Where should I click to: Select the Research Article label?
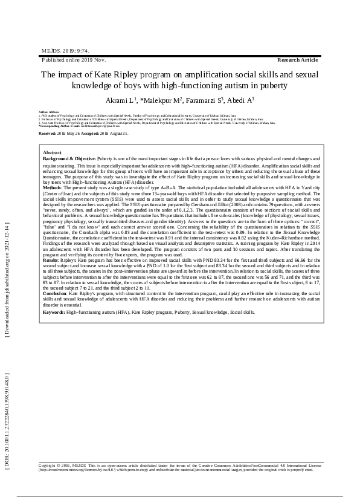point(297,60)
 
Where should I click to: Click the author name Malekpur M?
point(162,100)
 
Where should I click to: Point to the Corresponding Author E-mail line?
point(79,125)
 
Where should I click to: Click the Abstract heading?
point(53,153)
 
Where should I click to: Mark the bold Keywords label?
point(55,313)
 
